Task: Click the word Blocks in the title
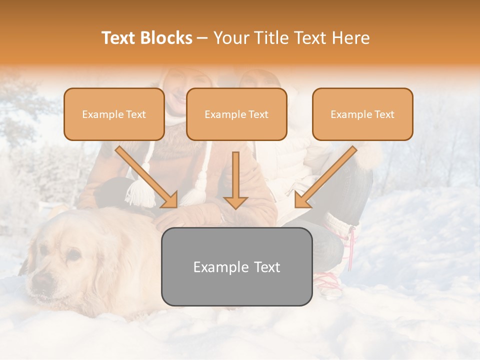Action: click(x=166, y=38)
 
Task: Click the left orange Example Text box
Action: click(x=114, y=114)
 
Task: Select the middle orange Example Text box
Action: click(x=236, y=114)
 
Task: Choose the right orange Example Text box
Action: click(x=362, y=114)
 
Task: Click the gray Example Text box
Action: click(x=236, y=266)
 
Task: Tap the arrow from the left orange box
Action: click(x=147, y=177)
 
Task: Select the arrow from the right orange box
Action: click(x=325, y=177)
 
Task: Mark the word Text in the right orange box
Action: click(x=384, y=114)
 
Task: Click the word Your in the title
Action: click(x=232, y=38)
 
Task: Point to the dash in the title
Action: click(x=202, y=38)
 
